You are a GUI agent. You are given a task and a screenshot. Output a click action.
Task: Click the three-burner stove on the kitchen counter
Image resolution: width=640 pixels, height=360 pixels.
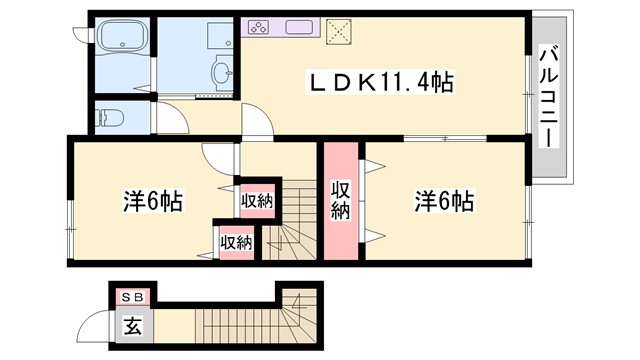259,28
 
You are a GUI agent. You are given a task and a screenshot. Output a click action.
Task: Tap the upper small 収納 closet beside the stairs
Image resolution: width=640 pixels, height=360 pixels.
257,201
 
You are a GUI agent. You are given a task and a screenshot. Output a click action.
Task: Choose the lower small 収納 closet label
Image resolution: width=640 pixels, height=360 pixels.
236,241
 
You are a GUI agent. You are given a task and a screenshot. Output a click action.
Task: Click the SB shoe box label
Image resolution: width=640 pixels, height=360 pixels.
132,297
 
